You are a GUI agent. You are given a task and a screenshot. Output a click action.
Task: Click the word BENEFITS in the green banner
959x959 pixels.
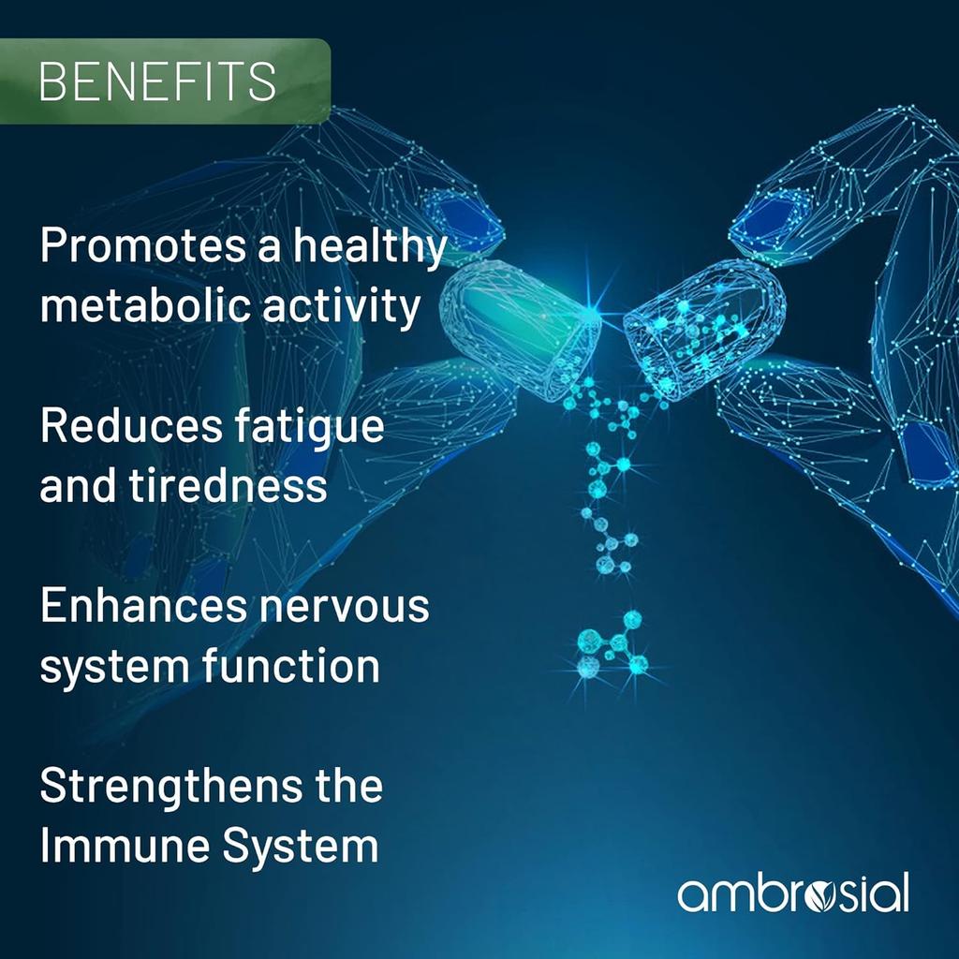(x=157, y=82)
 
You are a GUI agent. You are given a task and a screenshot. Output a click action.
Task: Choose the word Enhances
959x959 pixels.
(x=139, y=606)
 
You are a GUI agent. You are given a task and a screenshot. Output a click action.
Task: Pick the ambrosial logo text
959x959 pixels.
(x=792, y=893)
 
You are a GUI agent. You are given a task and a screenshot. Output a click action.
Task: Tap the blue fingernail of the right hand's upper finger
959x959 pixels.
(x=771, y=214)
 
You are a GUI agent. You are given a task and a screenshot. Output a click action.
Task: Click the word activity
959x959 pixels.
(x=341, y=308)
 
